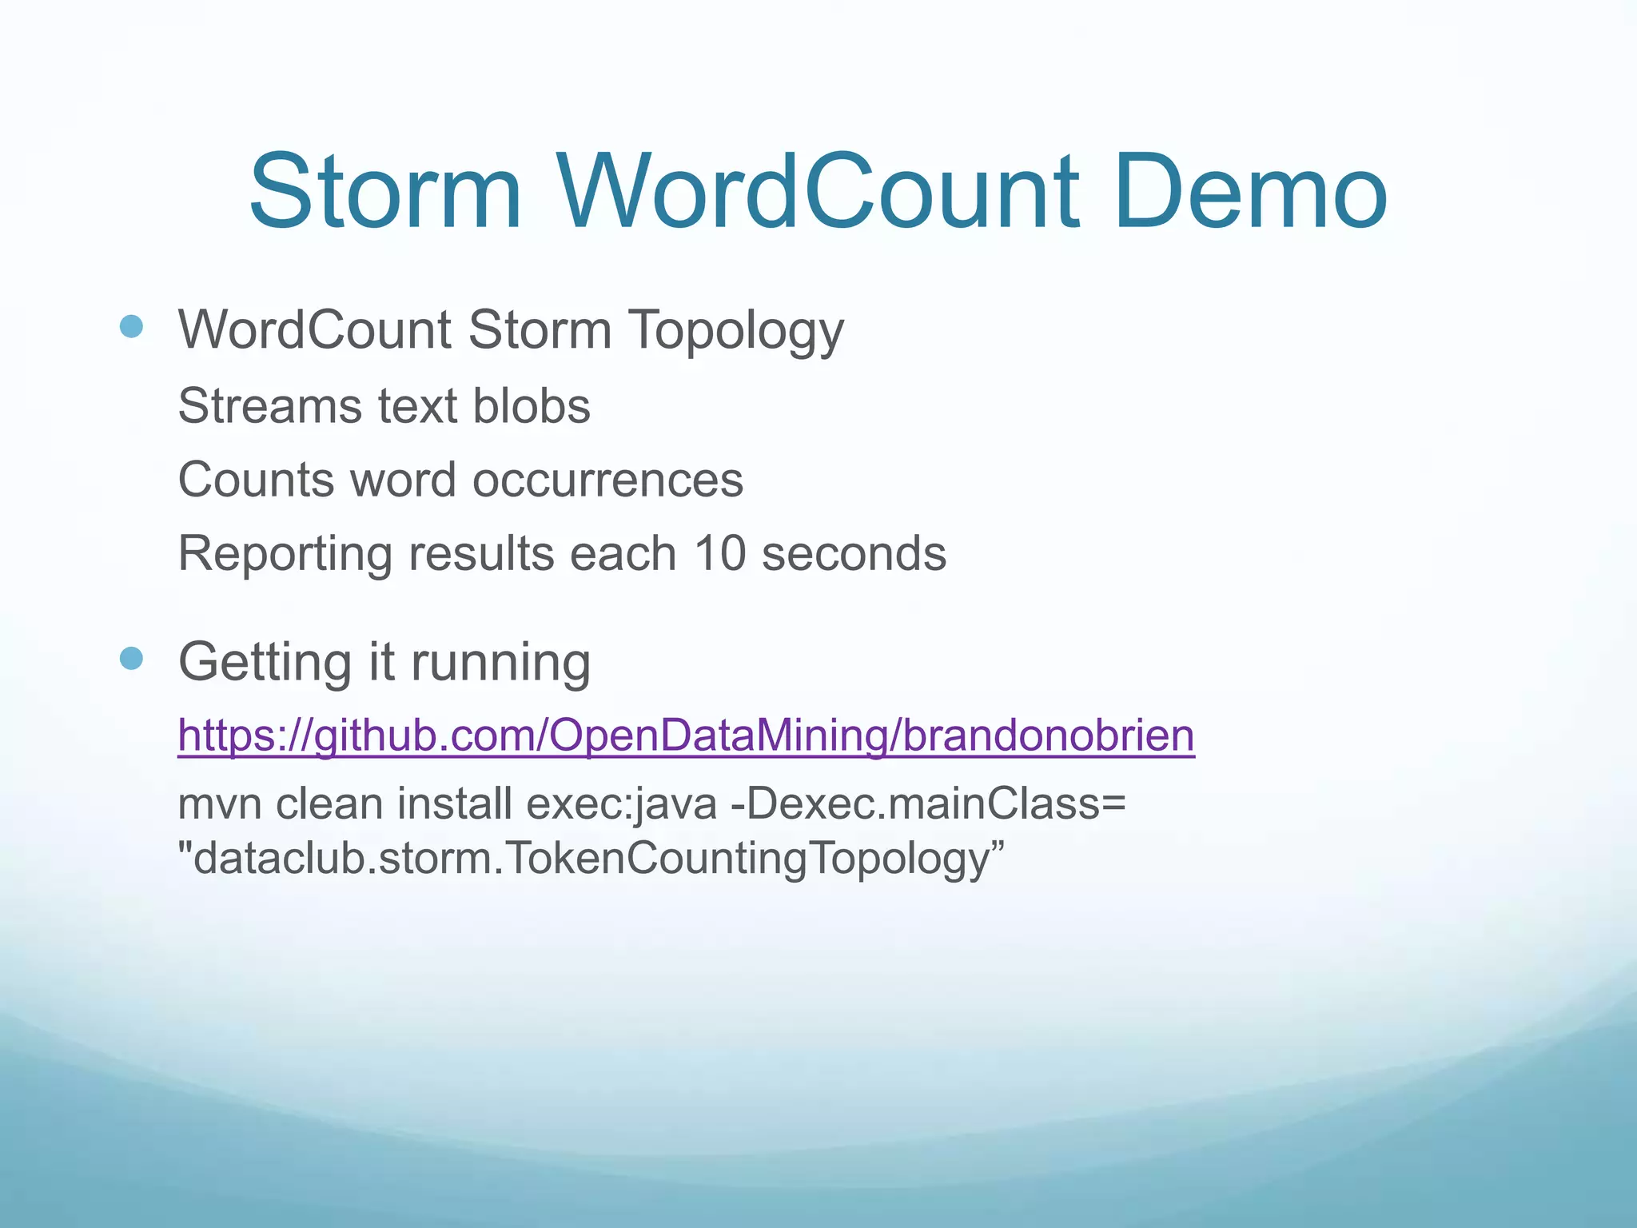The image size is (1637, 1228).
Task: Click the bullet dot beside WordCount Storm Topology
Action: coord(131,326)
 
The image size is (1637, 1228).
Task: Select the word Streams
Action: coord(269,406)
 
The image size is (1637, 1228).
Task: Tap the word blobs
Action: coord(532,406)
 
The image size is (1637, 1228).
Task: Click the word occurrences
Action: coord(607,480)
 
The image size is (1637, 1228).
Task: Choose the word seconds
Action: coord(854,553)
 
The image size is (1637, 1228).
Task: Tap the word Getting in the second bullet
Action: coord(265,664)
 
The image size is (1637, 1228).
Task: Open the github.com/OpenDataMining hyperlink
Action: coord(686,736)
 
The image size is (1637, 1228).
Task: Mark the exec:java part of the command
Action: coord(621,804)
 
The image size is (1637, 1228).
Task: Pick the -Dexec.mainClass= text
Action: coord(928,804)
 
